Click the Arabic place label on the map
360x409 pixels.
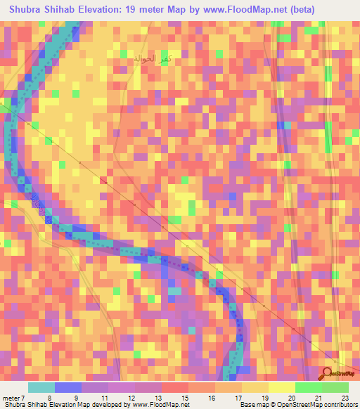click(153, 60)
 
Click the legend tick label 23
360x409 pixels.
click(344, 398)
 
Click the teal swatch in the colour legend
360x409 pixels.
click(41, 387)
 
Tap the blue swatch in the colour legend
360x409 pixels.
click(68, 387)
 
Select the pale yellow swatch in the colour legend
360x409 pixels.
click(281, 387)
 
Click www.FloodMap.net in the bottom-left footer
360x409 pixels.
click(155, 405)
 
